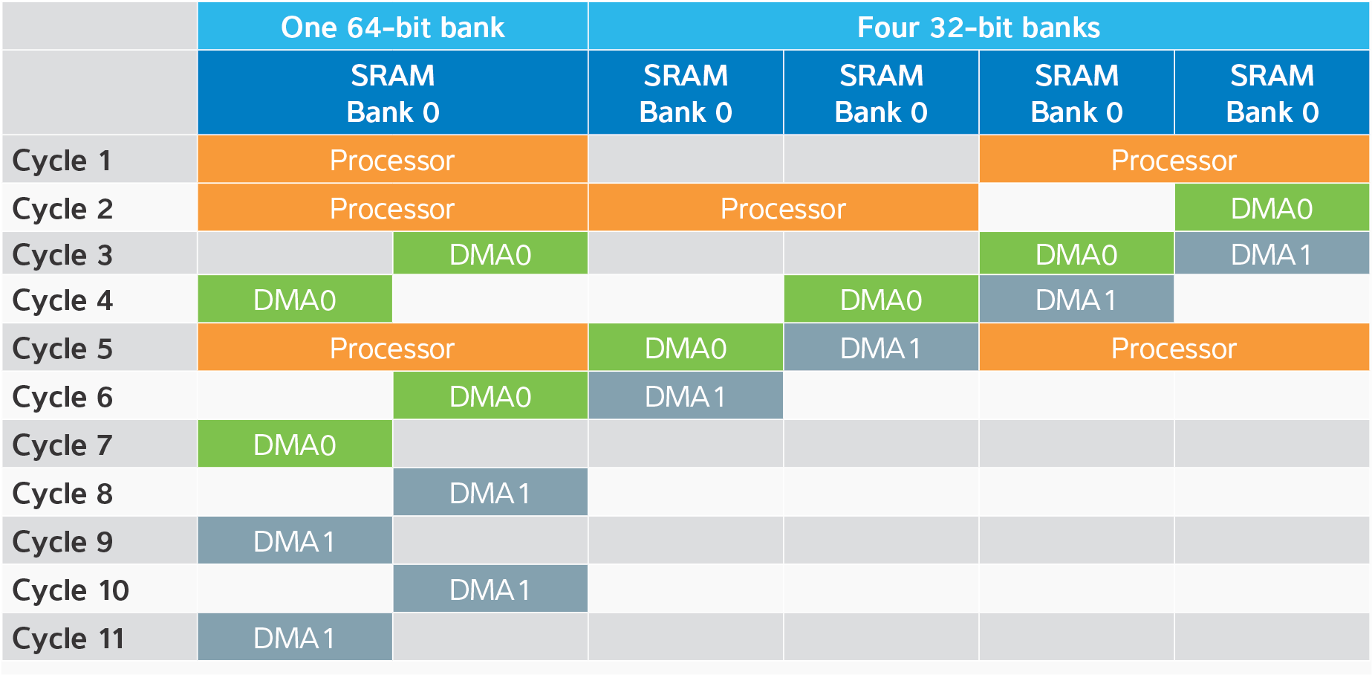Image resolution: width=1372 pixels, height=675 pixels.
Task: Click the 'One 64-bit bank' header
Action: click(x=392, y=27)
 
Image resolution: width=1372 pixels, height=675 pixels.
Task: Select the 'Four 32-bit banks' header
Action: click(x=978, y=27)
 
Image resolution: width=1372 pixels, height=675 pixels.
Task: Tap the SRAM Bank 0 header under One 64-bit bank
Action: click(x=392, y=93)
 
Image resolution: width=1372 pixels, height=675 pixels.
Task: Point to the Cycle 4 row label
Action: click(x=62, y=300)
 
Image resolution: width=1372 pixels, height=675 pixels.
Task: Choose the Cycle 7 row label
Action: click(x=62, y=445)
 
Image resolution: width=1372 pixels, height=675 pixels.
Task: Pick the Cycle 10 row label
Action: click(x=71, y=590)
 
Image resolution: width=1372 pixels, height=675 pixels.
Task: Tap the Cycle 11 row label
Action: click(x=69, y=638)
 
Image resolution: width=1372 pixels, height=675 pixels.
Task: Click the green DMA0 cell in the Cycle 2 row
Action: click(x=1272, y=208)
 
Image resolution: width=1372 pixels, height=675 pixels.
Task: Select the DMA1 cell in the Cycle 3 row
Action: click(x=1272, y=254)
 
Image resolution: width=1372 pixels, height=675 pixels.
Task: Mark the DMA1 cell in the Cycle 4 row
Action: click(x=1076, y=300)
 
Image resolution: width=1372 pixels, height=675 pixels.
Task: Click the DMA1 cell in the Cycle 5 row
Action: click(x=881, y=348)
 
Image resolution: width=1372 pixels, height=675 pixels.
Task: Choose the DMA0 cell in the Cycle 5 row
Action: click(x=686, y=348)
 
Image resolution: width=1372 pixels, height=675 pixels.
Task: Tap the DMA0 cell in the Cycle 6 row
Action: click(x=490, y=396)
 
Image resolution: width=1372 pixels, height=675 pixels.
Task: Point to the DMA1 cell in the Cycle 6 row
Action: click(x=686, y=396)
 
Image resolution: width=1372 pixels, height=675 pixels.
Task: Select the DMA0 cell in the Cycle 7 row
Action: click(x=295, y=445)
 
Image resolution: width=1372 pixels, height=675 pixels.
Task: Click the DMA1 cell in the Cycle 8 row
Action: click(x=490, y=493)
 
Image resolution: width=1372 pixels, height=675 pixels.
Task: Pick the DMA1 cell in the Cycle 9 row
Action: click(x=295, y=541)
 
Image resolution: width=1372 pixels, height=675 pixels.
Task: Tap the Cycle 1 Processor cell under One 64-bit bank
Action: click(x=392, y=160)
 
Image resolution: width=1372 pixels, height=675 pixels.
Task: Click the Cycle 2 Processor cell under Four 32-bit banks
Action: click(x=783, y=208)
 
